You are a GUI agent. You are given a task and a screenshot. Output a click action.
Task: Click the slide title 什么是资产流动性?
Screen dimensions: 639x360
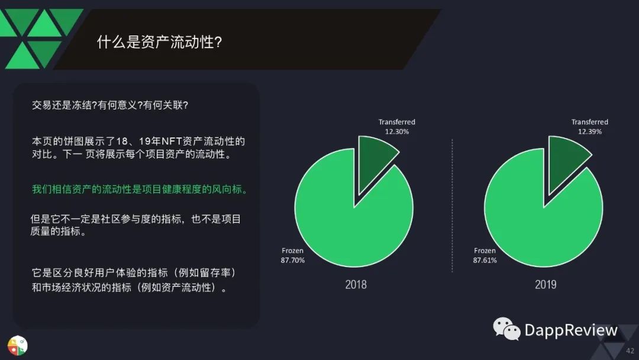[x=159, y=42]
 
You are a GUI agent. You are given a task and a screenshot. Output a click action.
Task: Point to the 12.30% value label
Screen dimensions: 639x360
[x=397, y=131]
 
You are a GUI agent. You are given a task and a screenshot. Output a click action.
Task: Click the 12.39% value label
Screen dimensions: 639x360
[x=590, y=131]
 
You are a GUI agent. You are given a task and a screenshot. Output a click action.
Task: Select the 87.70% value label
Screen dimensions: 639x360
[x=293, y=260]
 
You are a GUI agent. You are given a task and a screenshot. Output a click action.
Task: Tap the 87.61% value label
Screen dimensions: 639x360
[x=485, y=260]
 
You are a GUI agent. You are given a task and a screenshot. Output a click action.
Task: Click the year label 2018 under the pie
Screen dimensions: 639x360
[x=356, y=285]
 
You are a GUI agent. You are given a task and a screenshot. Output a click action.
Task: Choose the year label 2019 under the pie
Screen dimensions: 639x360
[x=546, y=285]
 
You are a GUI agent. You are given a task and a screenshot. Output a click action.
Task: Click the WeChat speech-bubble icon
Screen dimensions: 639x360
[x=506, y=329]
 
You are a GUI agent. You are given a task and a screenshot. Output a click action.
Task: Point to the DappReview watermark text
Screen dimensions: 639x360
[x=571, y=330]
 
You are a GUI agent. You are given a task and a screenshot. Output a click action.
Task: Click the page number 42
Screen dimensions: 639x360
[x=630, y=351]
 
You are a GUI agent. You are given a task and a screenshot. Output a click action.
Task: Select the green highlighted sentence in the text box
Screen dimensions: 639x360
[x=140, y=189]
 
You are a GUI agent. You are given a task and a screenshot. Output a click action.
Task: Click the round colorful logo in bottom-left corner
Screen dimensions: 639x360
[x=17, y=345]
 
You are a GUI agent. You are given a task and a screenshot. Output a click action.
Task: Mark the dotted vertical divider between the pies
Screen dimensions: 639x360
[x=452, y=205]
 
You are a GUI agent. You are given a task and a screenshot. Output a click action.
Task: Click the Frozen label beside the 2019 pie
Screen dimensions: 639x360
[x=485, y=250]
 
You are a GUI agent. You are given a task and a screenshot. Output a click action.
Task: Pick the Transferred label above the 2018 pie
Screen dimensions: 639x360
[x=397, y=122]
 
